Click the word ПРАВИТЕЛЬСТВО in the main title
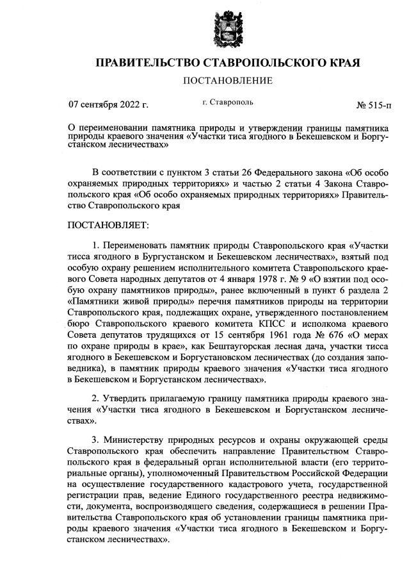[147, 63]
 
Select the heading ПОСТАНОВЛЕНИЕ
[228, 81]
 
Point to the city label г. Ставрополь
[227, 102]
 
